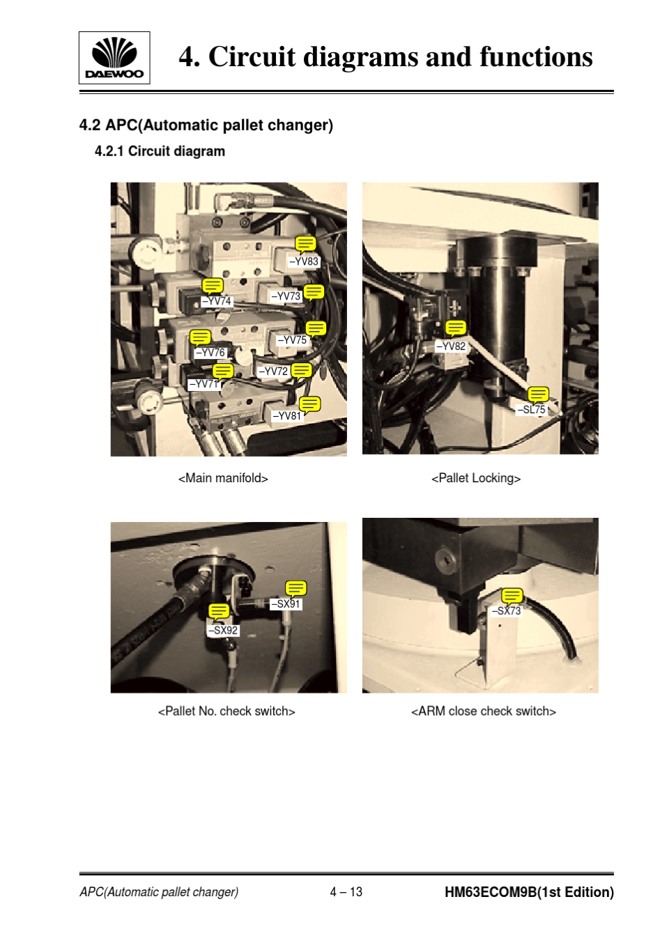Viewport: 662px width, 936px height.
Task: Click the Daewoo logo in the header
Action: coord(114,58)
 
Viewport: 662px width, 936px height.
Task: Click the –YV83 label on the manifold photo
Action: coord(304,261)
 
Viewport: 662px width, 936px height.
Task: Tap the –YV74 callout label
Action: coord(216,301)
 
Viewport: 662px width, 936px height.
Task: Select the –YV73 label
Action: coord(286,296)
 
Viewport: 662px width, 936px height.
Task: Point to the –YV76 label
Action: coord(210,353)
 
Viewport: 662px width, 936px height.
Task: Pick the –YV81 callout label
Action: coord(286,416)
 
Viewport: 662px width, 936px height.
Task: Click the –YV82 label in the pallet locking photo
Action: coord(451,346)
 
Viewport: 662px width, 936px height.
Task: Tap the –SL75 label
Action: coord(531,410)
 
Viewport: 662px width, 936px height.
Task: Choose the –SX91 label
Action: coord(285,604)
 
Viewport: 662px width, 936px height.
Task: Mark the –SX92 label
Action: coord(223,630)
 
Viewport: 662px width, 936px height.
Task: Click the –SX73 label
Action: coord(506,611)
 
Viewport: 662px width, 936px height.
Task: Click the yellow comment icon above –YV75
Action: coord(316,328)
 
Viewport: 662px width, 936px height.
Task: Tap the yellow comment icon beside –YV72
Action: coord(302,371)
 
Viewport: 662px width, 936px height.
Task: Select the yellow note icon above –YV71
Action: coord(223,371)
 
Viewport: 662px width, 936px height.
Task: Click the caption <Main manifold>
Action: coord(223,478)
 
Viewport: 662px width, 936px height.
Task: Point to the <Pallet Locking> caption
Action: coord(476,478)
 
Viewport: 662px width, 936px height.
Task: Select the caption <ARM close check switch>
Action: coord(484,711)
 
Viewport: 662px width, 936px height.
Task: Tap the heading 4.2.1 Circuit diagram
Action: coord(160,151)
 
